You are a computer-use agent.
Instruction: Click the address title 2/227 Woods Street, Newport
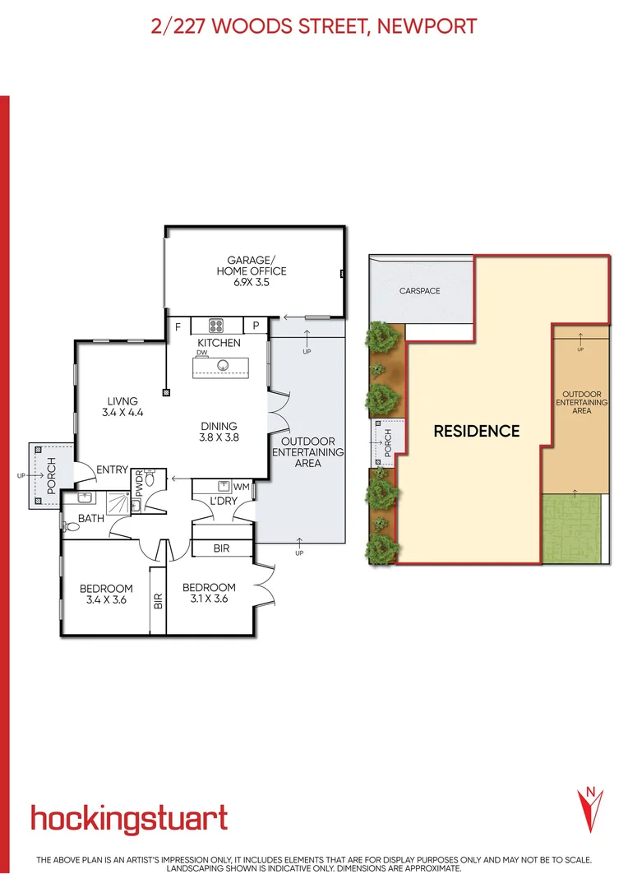pos(314,26)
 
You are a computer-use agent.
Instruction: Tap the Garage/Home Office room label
pos(252,271)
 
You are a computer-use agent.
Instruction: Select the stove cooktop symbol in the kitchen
pos(218,325)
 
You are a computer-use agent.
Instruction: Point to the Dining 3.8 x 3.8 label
pos(219,432)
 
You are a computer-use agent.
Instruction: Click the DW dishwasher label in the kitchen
pos(201,352)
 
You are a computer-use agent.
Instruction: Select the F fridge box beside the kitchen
pos(178,326)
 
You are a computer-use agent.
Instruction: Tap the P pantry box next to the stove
pos(256,326)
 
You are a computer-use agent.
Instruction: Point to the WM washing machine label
pos(241,487)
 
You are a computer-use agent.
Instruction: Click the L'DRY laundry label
pos(224,501)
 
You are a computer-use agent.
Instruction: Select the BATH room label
pos(90,519)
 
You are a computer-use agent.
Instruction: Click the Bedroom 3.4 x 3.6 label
pos(106,593)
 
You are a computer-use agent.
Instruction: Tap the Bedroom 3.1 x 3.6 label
pos(209,593)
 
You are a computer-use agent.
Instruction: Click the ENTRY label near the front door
pos(113,469)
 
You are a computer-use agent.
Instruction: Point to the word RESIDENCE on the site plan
pos(477,431)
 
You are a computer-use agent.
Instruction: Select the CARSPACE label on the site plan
pos(420,291)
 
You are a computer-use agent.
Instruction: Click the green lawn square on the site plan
pos(575,528)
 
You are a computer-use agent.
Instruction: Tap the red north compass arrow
pos(589,808)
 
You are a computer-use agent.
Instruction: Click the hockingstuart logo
pos(129,819)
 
